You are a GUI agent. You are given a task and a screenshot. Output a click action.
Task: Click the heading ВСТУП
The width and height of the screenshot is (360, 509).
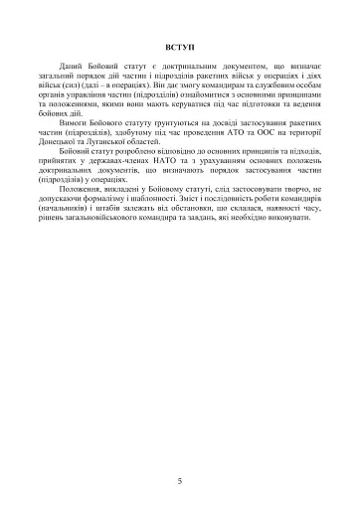pyautogui.click(x=179, y=47)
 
